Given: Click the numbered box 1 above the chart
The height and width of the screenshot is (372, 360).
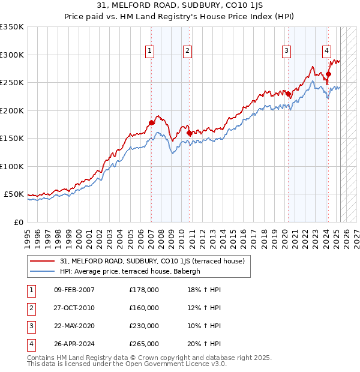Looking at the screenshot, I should click(149, 51).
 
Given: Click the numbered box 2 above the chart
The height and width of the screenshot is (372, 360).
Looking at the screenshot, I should click(188, 51).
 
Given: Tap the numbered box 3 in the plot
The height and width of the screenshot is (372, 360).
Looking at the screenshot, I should click(287, 51).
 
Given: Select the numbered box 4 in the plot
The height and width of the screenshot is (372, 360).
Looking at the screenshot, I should click(327, 51).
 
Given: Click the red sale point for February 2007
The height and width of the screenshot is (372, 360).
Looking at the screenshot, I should click(151, 123).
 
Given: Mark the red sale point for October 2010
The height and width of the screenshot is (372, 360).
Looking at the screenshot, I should click(190, 133).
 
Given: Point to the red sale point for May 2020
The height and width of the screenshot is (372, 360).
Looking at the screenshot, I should click(289, 94).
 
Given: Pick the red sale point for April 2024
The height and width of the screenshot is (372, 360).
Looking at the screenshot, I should click(328, 74).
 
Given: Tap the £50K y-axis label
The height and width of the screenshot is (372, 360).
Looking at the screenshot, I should click(14, 194).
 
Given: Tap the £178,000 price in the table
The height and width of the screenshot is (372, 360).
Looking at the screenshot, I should click(143, 290).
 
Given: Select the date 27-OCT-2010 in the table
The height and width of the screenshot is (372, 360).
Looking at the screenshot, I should click(74, 308).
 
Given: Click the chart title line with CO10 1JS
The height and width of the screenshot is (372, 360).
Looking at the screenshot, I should click(179, 5).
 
